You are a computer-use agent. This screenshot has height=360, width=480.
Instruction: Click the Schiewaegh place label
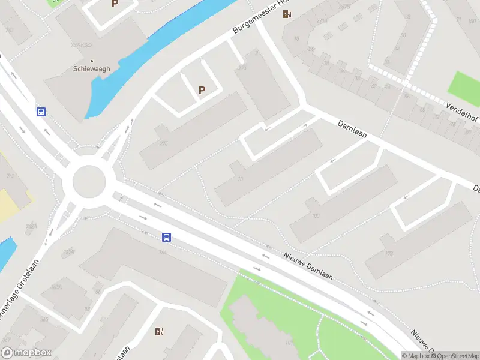point(92,69)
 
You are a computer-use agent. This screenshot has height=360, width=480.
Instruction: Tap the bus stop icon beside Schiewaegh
point(41,112)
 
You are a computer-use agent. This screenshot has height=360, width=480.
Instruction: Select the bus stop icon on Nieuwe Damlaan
point(167,237)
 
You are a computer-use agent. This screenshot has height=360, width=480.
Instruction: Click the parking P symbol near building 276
point(202,91)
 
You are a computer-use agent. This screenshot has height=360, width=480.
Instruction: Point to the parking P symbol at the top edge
point(115,4)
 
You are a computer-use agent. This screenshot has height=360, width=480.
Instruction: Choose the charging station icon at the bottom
point(159,331)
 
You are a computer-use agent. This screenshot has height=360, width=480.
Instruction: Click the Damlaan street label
point(352,128)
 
